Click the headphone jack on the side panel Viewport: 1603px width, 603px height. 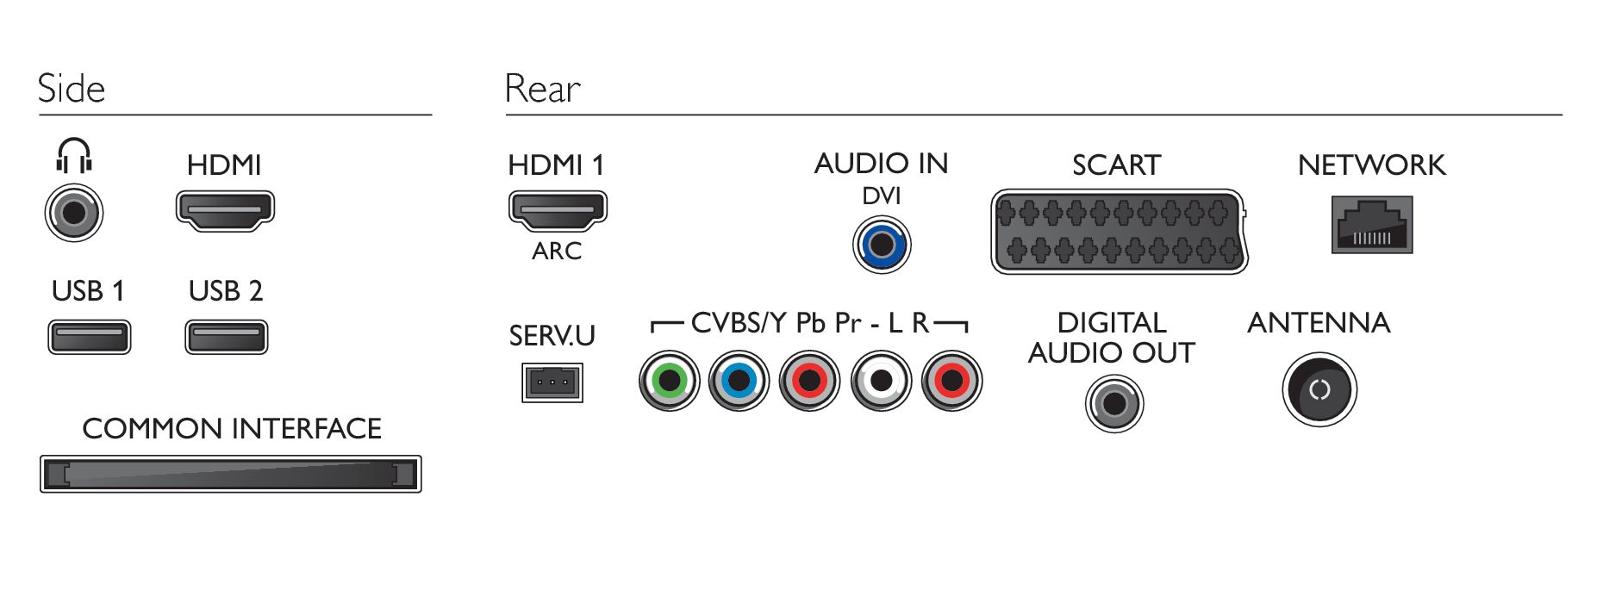coord(74,213)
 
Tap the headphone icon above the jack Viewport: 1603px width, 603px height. coord(74,156)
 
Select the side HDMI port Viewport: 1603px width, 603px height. coord(225,210)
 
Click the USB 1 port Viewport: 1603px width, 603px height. coord(90,337)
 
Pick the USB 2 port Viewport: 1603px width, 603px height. coord(227,337)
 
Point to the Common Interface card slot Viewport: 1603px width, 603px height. coord(231,475)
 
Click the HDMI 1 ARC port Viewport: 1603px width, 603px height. coord(558,211)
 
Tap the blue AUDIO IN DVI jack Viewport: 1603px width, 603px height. coord(881,245)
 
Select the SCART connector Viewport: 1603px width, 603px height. coord(1119,232)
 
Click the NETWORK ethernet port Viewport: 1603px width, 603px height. coord(1371,226)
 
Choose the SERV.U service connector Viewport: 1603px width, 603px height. coord(552,382)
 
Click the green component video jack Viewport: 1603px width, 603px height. coord(670,381)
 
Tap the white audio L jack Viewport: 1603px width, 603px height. coord(881,381)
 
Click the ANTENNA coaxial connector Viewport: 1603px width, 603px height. coord(1319,390)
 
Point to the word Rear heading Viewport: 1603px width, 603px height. coord(542,89)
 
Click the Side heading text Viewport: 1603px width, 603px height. coord(72,89)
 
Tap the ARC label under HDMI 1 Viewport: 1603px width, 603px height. coord(557,252)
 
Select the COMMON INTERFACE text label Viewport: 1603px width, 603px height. coord(232,428)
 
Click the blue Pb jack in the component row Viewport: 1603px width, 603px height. coord(739,381)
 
